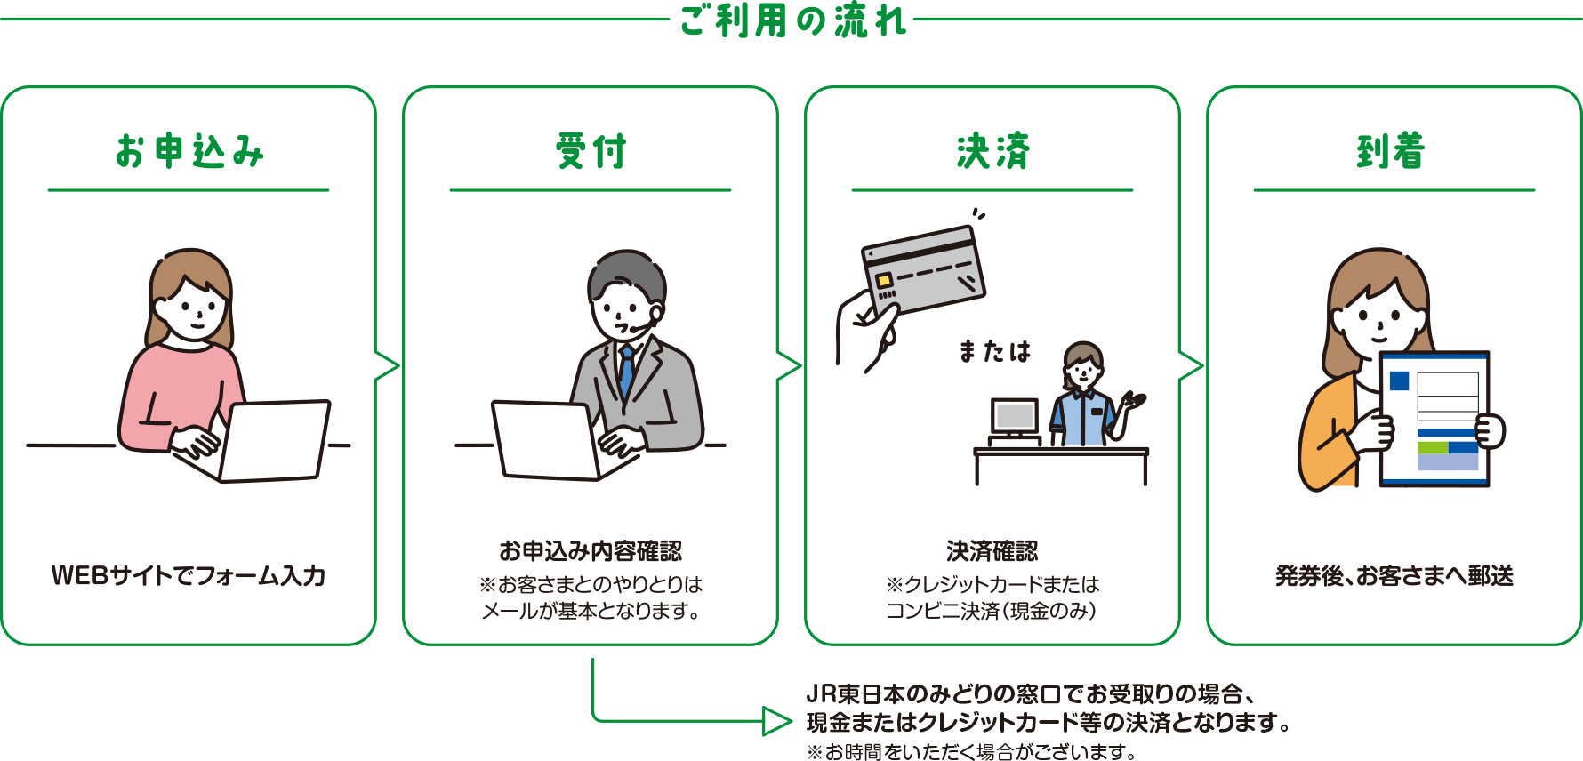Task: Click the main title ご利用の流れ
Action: click(791, 20)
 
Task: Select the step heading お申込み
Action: click(189, 151)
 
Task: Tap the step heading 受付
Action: click(591, 151)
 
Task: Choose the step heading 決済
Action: click(992, 151)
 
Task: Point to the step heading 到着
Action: click(1391, 151)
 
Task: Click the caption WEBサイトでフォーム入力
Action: click(189, 575)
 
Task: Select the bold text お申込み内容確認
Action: click(591, 550)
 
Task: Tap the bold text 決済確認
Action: click(992, 550)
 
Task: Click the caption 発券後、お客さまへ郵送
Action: click(1394, 575)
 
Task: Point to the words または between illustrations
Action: click(993, 352)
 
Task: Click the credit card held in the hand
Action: click(925, 271)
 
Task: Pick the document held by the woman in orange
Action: click(1434, 418)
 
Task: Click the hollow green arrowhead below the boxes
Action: click(776, 720)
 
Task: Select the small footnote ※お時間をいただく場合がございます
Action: click(971, 751)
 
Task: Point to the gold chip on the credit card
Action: click(884, 280)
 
